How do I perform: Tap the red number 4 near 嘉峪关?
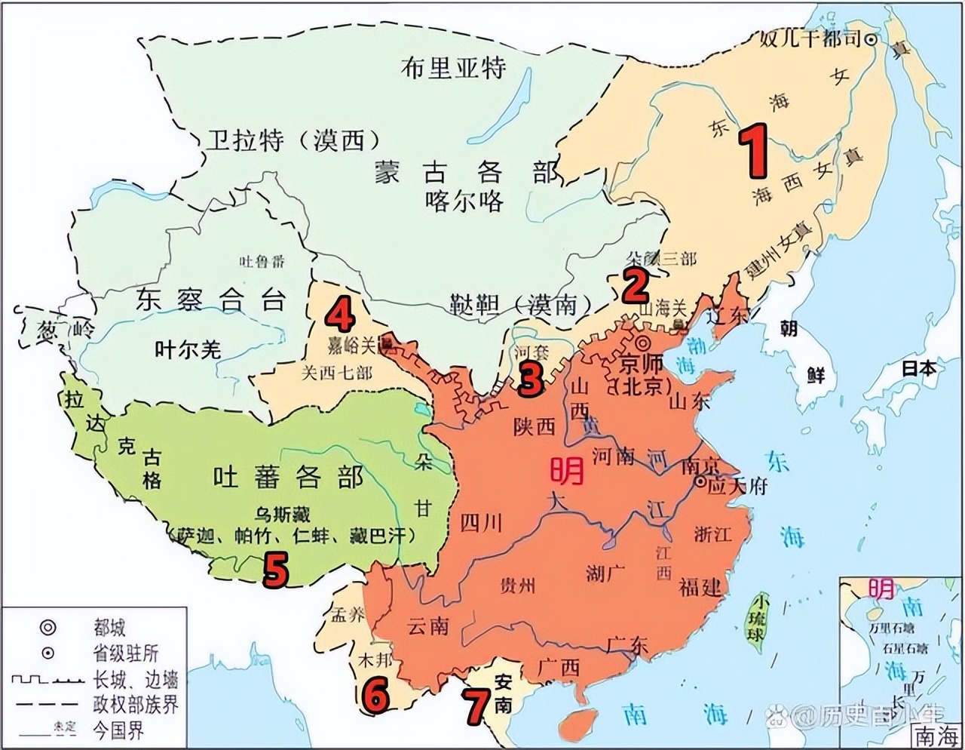[x=340, y=315]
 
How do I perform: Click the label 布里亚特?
[x=453, y=68]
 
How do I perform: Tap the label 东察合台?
[x=211, y=300]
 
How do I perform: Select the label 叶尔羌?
[x=188, y=349]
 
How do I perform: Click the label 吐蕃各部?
[x=287, y=477]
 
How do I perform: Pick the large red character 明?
[x=566, y=471]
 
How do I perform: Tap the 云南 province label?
[x=427, y=625]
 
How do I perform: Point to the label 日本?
[x=918, y=368]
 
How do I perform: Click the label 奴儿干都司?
[x=810, y=38]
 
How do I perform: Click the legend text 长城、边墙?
[x=135, y=679]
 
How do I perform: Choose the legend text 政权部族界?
[x=135, y=704]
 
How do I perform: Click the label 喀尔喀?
[x=464, y=201]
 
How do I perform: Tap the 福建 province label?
[x=700, y=586]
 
